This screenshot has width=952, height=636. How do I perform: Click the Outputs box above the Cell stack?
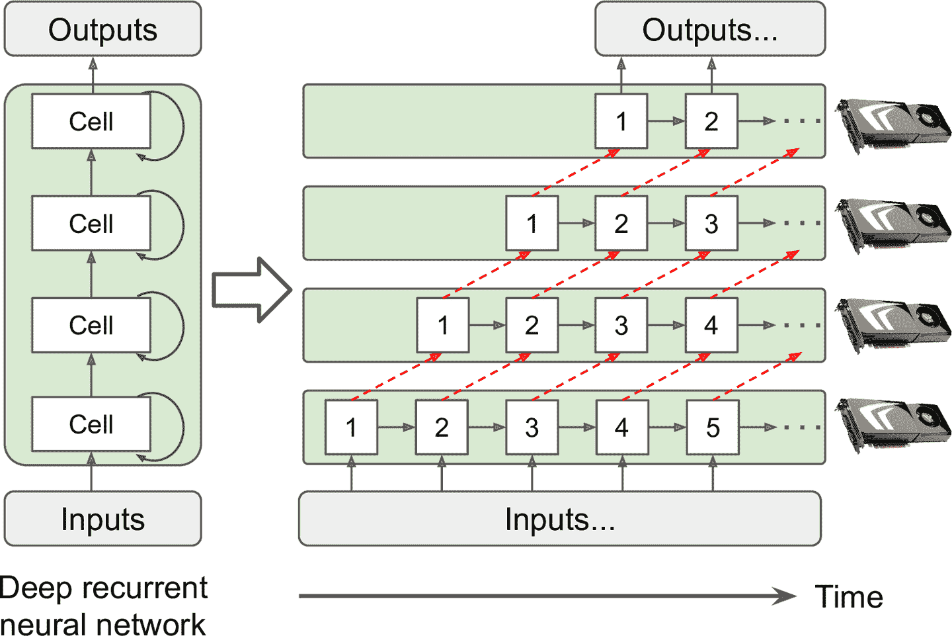(x=102, y=30)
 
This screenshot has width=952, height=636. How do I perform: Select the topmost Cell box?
(x=91, y=121)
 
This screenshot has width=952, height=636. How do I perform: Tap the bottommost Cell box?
(x=91, y=424)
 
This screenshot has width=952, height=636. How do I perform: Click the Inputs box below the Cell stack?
(x=102, y=519)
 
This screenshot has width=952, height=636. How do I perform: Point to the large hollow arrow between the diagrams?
(x=252, y=290)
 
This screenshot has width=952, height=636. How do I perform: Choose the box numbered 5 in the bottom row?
(x=712, y=428)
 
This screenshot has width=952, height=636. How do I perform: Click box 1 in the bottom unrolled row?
(x=351, y=428)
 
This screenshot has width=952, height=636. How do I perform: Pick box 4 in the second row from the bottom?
(x=711, y=325)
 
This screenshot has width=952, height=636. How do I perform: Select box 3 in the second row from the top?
(x=711, y=224)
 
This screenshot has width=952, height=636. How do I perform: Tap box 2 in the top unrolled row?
(x=711, y=121)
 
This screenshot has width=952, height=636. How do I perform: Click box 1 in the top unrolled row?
(x=621, y=121)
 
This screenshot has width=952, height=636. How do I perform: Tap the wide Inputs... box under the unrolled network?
(x=559, y=519)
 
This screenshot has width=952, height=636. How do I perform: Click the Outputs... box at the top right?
(x=710, y=30)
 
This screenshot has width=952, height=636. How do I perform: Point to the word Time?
(x=849, y=597)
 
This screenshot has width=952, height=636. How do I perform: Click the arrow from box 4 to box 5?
(x=666, y=428)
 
